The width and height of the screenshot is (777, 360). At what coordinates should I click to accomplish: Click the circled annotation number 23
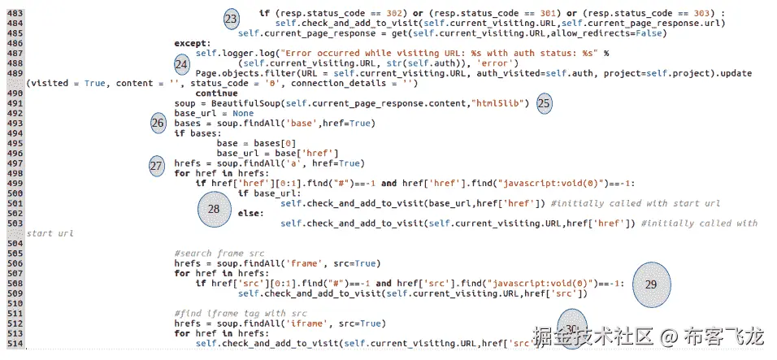pyautogui.click(x=232, y=18)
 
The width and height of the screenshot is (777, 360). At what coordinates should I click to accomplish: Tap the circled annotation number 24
pyautogui.click(x=182, y=64)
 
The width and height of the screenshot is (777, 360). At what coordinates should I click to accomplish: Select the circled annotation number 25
pyautogui.click(x=545, y=104)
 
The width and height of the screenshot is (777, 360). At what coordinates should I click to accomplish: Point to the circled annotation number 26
pyautogui.click(x=158, y=124)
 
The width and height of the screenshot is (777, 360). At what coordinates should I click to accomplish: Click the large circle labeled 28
pyautogui.click(x=214, y=209)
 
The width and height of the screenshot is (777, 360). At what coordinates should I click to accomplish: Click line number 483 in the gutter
pyautogui.click(x=14, y=14)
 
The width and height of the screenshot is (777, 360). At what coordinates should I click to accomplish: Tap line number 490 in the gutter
pyautogui.click(x=14, y=93)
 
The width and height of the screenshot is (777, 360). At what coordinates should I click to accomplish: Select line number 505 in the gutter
pyautogui.click(x=14, y=254)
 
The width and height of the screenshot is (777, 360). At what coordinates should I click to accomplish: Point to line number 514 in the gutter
pyautogui.click(x=14, y=344)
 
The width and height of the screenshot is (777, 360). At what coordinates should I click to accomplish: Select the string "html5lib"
pyautogui.click(x=501, y=103)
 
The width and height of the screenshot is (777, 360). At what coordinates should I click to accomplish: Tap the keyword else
pyautogui.click(x=251, y=213)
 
